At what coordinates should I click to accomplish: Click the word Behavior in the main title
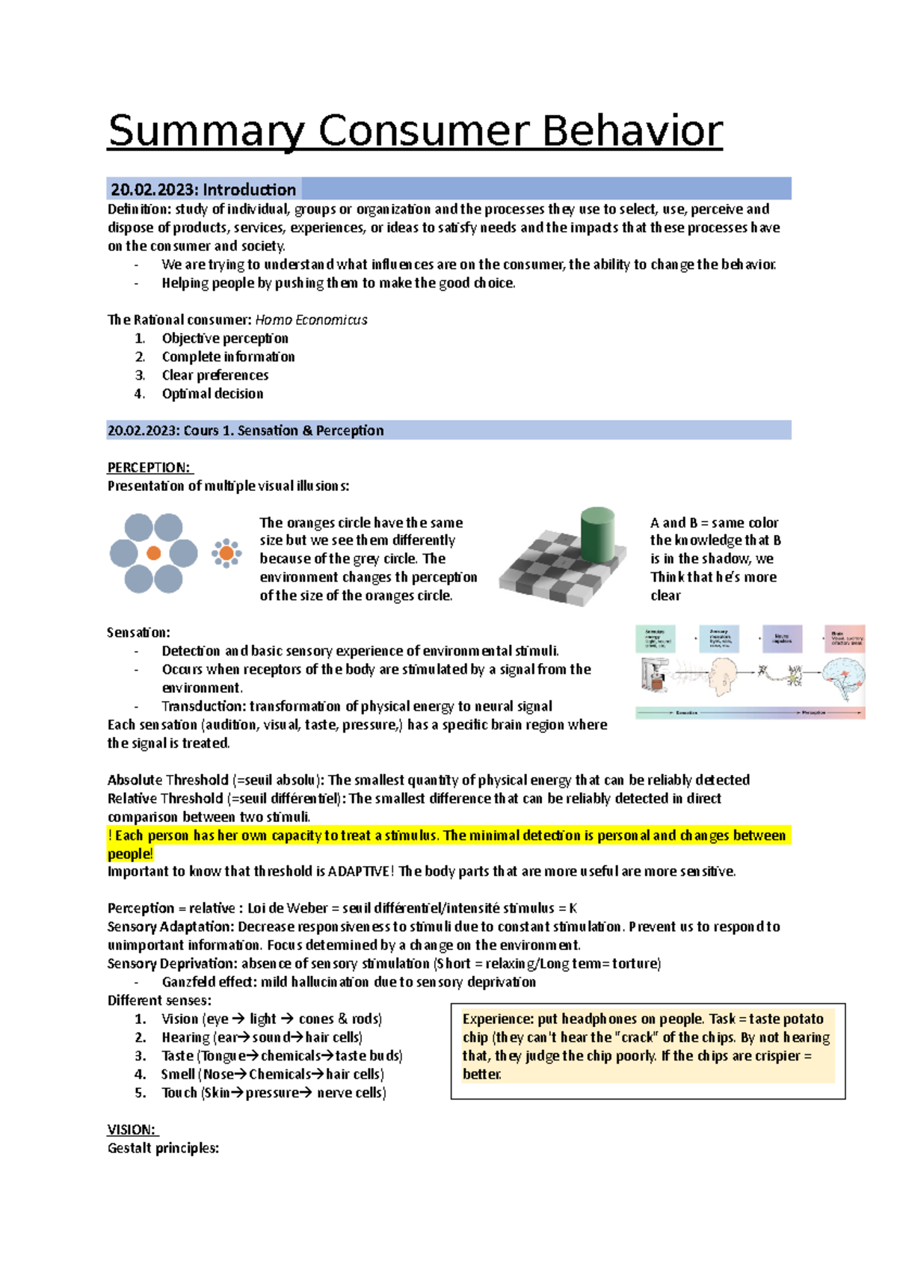(632, 132)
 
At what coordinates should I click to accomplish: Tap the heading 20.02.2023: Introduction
(203, 189)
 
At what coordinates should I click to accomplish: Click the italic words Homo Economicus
(311, 320)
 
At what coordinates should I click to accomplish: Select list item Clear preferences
(215, 375)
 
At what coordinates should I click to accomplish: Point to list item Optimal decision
(212, 394)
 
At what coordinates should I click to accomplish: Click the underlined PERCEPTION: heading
(149, 468)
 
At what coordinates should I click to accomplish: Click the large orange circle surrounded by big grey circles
(154, 553)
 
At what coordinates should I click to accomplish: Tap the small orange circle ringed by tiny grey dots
(226, 554)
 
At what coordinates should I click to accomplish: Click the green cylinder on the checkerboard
(597, 534)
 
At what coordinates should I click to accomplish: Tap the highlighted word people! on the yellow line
(130, 853)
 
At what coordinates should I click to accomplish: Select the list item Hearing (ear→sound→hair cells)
(262, 1037)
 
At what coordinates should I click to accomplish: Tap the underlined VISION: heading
(131, 1130)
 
